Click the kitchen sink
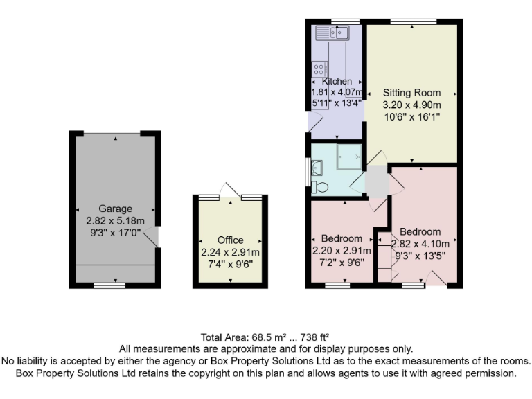[334, 32]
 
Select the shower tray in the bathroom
[349, 157]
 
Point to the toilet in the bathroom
[319, 186]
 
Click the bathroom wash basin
[317, 167]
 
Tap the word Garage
[115, 209]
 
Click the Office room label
[230, 240]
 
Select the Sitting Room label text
[412, 93]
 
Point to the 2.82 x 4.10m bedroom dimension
[420, 243]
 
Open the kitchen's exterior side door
[314, 123]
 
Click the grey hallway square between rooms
[377, 180]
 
